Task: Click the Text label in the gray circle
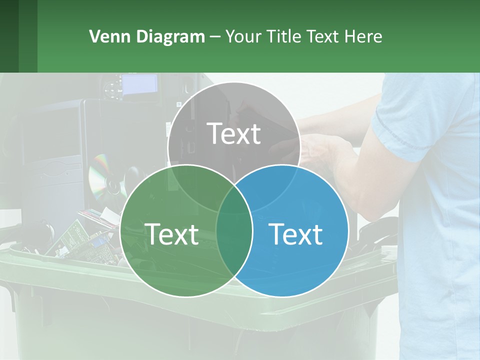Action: (x=234, y=133)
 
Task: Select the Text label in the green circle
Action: (x=171, y=234)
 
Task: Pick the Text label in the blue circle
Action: (x=295, y=234)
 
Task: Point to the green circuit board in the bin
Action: (x=75, y=235)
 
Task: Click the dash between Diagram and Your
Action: (x=215, y=36)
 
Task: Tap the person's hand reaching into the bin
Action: (x=320, y=150)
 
